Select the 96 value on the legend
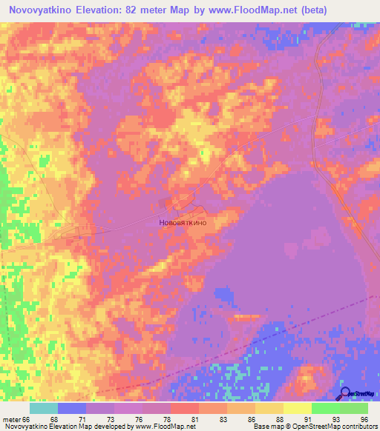364,418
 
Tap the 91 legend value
307,418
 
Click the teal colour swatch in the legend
43,408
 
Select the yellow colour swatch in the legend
297,408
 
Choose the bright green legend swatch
325,408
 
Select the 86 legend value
251,418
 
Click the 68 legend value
53,418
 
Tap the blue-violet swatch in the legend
71,408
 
